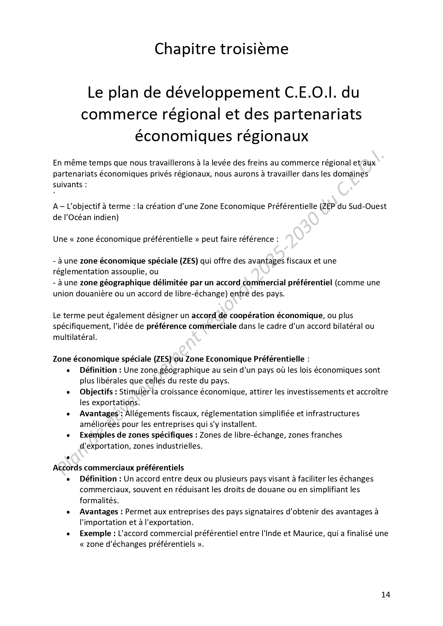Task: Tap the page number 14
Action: (385, 595)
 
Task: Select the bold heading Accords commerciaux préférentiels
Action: (118, 468)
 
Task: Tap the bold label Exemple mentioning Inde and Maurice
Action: (96, 533)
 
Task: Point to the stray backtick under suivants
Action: (54, 194)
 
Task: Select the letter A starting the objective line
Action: (55, 206)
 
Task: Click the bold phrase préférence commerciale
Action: (191, 326)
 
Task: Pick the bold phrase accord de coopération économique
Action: (257, 315)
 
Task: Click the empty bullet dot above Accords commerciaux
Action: (68, 457)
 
